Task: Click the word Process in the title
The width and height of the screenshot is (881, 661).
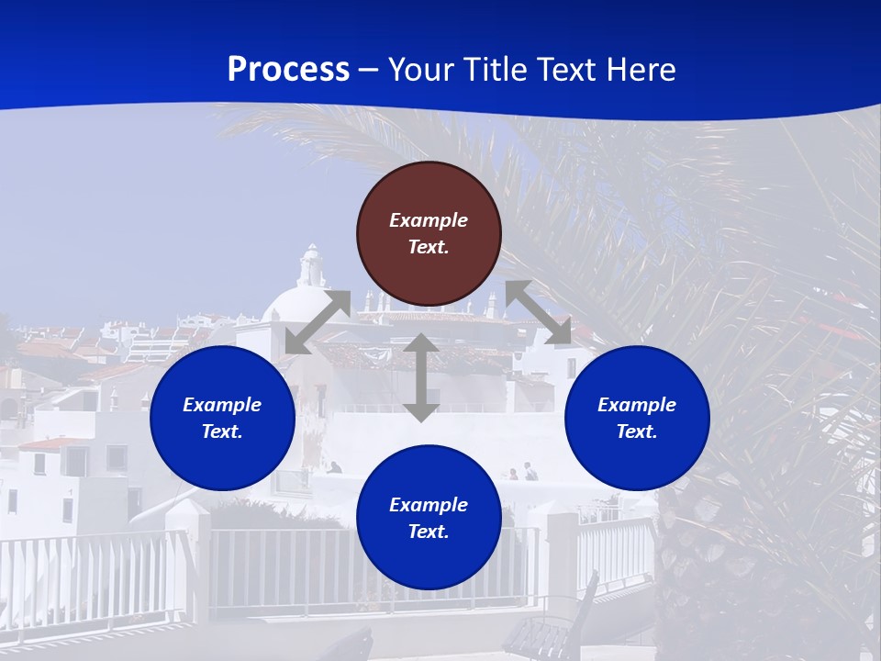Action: click(x=288, y=70)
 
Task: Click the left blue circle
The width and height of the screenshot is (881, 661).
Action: click(x=222, y=418)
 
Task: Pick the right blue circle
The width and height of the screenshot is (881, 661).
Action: click(x=637, y=418)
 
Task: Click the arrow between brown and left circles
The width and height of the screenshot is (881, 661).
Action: click(x=318, y=322)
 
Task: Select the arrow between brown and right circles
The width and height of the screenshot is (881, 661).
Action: click(x=539, y=312)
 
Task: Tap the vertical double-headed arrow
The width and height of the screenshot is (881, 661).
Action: click(x=421, y=377)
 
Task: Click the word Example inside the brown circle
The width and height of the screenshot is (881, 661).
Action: click(x=429, y=220)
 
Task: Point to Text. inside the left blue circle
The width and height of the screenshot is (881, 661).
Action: click(x=222, y=431)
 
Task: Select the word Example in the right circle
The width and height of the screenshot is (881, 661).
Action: click(x=637, y=405)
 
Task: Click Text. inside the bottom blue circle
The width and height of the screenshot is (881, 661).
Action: click(x=429, y=532)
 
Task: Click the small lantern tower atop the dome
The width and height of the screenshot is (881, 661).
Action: click(x=312, y=266)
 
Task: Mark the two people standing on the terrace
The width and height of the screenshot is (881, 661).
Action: click(x=522, y=472)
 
